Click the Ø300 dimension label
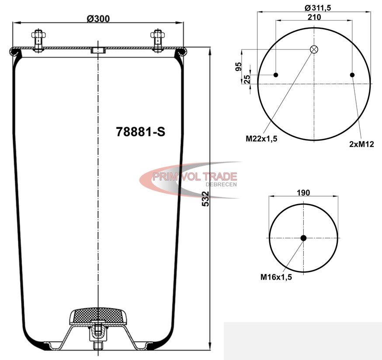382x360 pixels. pos(98,18)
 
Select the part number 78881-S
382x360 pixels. pos(141,132)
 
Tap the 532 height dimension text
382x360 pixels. pos(205,199)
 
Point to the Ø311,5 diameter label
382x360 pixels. pos(318,8)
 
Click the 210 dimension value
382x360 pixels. pos(314,17)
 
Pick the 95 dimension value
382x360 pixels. pos(239,66)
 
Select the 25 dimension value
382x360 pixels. pos(247,79)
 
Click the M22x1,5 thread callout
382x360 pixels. pos(261,138)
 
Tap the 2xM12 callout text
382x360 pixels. pos(361,144)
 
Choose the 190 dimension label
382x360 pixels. pos(303,193)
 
